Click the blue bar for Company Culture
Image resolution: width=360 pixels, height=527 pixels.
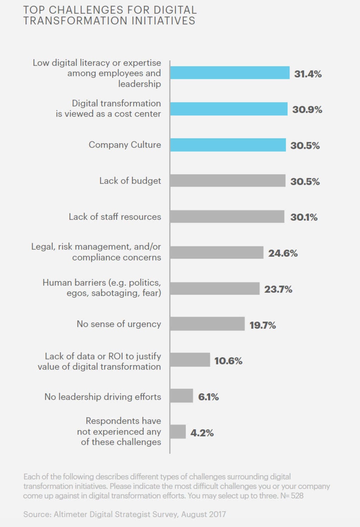click(x=228, y=145)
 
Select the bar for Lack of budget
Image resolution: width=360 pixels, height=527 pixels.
click(x=228, y=181)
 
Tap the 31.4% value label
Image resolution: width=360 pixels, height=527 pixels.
click(x=308, y=74)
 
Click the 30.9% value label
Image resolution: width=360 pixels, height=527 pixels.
click(x=307, y=109)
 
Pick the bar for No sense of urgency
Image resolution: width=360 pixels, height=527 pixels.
click(x=207, y=324)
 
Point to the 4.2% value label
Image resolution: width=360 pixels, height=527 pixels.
click(x=202, y=433)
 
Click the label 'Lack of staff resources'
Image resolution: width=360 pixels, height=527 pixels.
click(x=115, y=217)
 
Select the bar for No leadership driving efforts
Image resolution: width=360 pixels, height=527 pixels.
click(x=181, y=396)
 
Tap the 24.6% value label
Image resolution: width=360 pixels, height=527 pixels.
click(x=283, y=253)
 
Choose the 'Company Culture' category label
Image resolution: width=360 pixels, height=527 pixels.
click(x=125, y=145)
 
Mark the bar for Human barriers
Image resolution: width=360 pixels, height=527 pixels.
click(x=215, y=288)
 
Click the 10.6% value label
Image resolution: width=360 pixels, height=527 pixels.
click(x=228, y=361)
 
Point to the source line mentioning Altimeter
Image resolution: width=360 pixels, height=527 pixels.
click(x=124, y=514)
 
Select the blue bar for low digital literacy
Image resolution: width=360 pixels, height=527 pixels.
click(x=230, y=73)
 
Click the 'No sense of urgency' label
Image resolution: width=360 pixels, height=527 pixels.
click(x=119, y=324)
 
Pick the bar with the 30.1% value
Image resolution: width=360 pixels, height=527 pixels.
click(x=227, y=217)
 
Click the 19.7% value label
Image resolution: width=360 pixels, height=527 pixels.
click(x=262, y=325)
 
